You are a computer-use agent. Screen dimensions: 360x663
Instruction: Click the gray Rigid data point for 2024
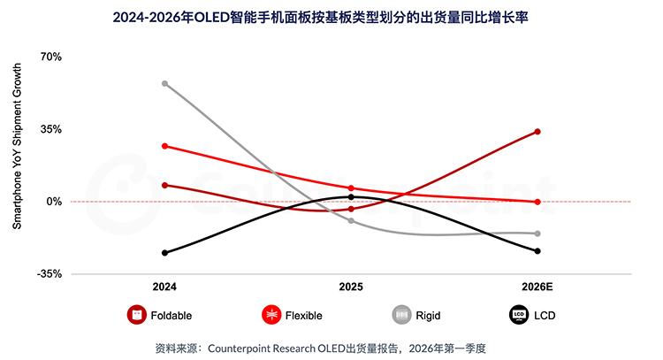click(164, 83)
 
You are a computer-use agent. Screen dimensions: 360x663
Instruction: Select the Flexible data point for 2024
click(164, 146)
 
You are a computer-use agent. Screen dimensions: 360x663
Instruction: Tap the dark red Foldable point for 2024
click(164, 185)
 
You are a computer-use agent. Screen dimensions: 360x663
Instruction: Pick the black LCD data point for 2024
click(164, 253)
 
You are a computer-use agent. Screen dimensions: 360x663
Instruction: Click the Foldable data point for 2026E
click(537, 132)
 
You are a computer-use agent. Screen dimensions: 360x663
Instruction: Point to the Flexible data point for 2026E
click(537, 202)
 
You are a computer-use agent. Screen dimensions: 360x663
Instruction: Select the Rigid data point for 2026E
click(537, 234)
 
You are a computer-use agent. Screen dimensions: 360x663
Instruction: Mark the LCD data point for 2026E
click(537, 251)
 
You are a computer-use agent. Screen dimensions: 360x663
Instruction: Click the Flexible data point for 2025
click(351, 188)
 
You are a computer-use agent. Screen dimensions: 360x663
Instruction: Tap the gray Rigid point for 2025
click(351, 220)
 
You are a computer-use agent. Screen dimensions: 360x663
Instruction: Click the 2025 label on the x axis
click(351, 287)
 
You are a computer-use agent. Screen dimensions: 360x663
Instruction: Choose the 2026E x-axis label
click(537, 287)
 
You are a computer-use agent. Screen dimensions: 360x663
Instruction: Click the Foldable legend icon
click(136, 315)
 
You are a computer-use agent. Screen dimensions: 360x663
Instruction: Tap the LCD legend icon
click(518, 315)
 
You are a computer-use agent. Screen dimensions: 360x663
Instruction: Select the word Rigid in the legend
click(428, 315)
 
